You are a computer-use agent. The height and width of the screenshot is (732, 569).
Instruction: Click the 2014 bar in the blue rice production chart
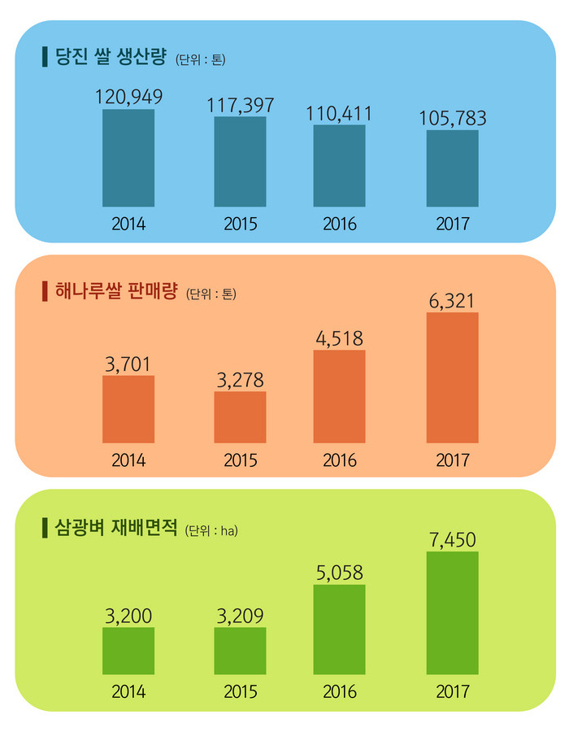click(128, 158)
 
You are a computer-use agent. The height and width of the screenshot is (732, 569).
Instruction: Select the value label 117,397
click(240, 105)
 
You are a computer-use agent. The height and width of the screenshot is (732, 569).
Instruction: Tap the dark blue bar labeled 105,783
click(453, 168)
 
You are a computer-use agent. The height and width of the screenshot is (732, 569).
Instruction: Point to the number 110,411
click(340, 113)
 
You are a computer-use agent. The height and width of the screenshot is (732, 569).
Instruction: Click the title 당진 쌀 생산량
click(111, 58)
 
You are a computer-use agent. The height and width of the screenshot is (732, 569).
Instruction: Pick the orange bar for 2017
click(453, 377)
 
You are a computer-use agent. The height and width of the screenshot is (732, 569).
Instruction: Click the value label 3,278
click(240, 380)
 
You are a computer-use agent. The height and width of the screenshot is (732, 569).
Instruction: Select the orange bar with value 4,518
click(340, 396)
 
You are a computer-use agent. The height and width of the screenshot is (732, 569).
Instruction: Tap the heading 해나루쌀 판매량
click(115, 290)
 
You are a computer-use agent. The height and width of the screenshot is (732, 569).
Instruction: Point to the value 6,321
click(453, 301)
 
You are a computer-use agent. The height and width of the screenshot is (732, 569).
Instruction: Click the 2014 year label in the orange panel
click(128, 460)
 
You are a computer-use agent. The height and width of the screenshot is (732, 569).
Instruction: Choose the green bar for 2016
click(340, 629)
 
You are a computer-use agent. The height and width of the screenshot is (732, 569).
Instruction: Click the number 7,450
click(453, 539)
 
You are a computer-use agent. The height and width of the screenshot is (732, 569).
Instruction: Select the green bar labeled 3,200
click(128, 651)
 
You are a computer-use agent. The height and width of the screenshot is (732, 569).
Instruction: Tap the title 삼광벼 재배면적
click(115, 528)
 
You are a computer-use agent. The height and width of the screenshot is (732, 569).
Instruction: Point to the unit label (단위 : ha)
click(211, 531)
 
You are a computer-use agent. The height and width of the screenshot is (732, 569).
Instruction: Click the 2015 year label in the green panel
click(240, 693)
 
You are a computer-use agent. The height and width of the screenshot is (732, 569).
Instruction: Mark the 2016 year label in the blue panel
click(340, 224)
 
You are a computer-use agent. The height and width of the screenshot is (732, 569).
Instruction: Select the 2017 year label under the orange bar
click(453, 460)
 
